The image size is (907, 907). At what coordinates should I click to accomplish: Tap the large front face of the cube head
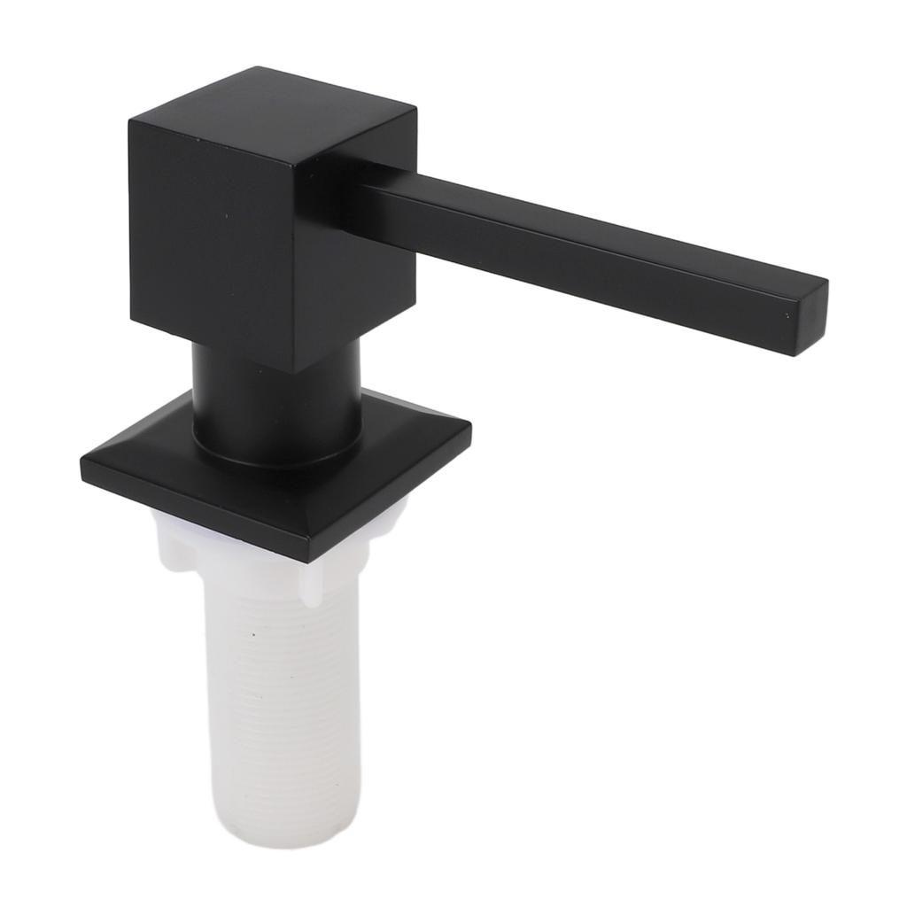click(x=213, y=239)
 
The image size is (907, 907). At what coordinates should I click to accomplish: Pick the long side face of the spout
click(x=576, y=266)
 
